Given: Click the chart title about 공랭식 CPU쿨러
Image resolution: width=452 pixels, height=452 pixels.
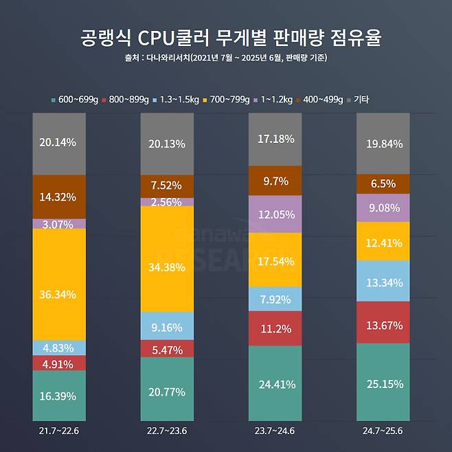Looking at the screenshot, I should (x=225, y=38).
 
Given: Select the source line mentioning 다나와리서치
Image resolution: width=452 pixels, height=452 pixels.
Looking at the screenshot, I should (x=225, y=58).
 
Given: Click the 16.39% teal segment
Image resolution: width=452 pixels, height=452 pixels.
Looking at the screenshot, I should (x=59, y=396).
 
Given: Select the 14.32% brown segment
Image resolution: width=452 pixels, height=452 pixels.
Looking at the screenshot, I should (x=59, y=196).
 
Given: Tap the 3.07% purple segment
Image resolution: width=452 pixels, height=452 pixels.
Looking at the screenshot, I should (x=59, y=224).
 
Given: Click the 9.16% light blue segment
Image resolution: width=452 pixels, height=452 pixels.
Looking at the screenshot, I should (x=167, y=326).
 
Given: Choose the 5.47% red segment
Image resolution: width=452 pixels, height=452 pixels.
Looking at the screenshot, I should (x=167, y=349).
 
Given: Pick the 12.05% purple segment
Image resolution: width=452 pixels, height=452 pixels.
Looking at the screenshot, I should (x=275, y=214).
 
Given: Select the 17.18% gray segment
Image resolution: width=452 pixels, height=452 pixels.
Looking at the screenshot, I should (x=275, y=139).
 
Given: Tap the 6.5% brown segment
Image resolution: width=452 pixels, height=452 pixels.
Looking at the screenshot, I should (x=383, y=184).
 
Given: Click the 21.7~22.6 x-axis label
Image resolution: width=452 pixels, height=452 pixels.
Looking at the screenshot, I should (x=59, y=431).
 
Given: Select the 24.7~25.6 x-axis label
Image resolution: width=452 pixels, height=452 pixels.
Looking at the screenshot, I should (x=383, y=431).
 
